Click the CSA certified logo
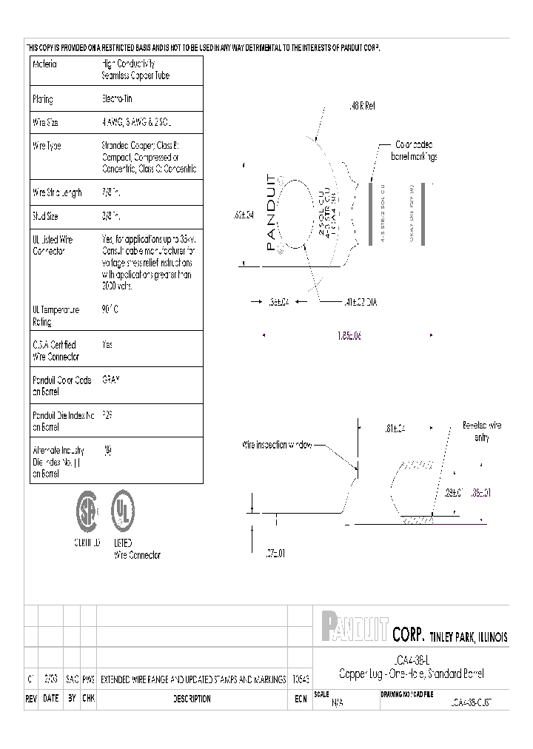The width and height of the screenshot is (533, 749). click(87, 511)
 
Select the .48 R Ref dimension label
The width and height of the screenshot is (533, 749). click(361, 107)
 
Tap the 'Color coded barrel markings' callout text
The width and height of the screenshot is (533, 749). click(414, 150)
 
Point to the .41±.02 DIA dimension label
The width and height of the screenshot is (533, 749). click(361, 301)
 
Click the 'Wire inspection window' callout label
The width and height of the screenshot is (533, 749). click(278, 445)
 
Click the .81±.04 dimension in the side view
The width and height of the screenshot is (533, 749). click(396, 429)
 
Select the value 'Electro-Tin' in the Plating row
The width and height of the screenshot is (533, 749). click(117, 98)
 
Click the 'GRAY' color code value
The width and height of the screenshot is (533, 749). click(110, 379)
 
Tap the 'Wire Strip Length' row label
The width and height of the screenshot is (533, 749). click(57, 192)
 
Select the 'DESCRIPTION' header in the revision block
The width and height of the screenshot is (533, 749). click(192, 699)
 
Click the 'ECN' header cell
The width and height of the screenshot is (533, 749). click(300, 699)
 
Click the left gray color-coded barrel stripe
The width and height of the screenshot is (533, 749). click(369, 214)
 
